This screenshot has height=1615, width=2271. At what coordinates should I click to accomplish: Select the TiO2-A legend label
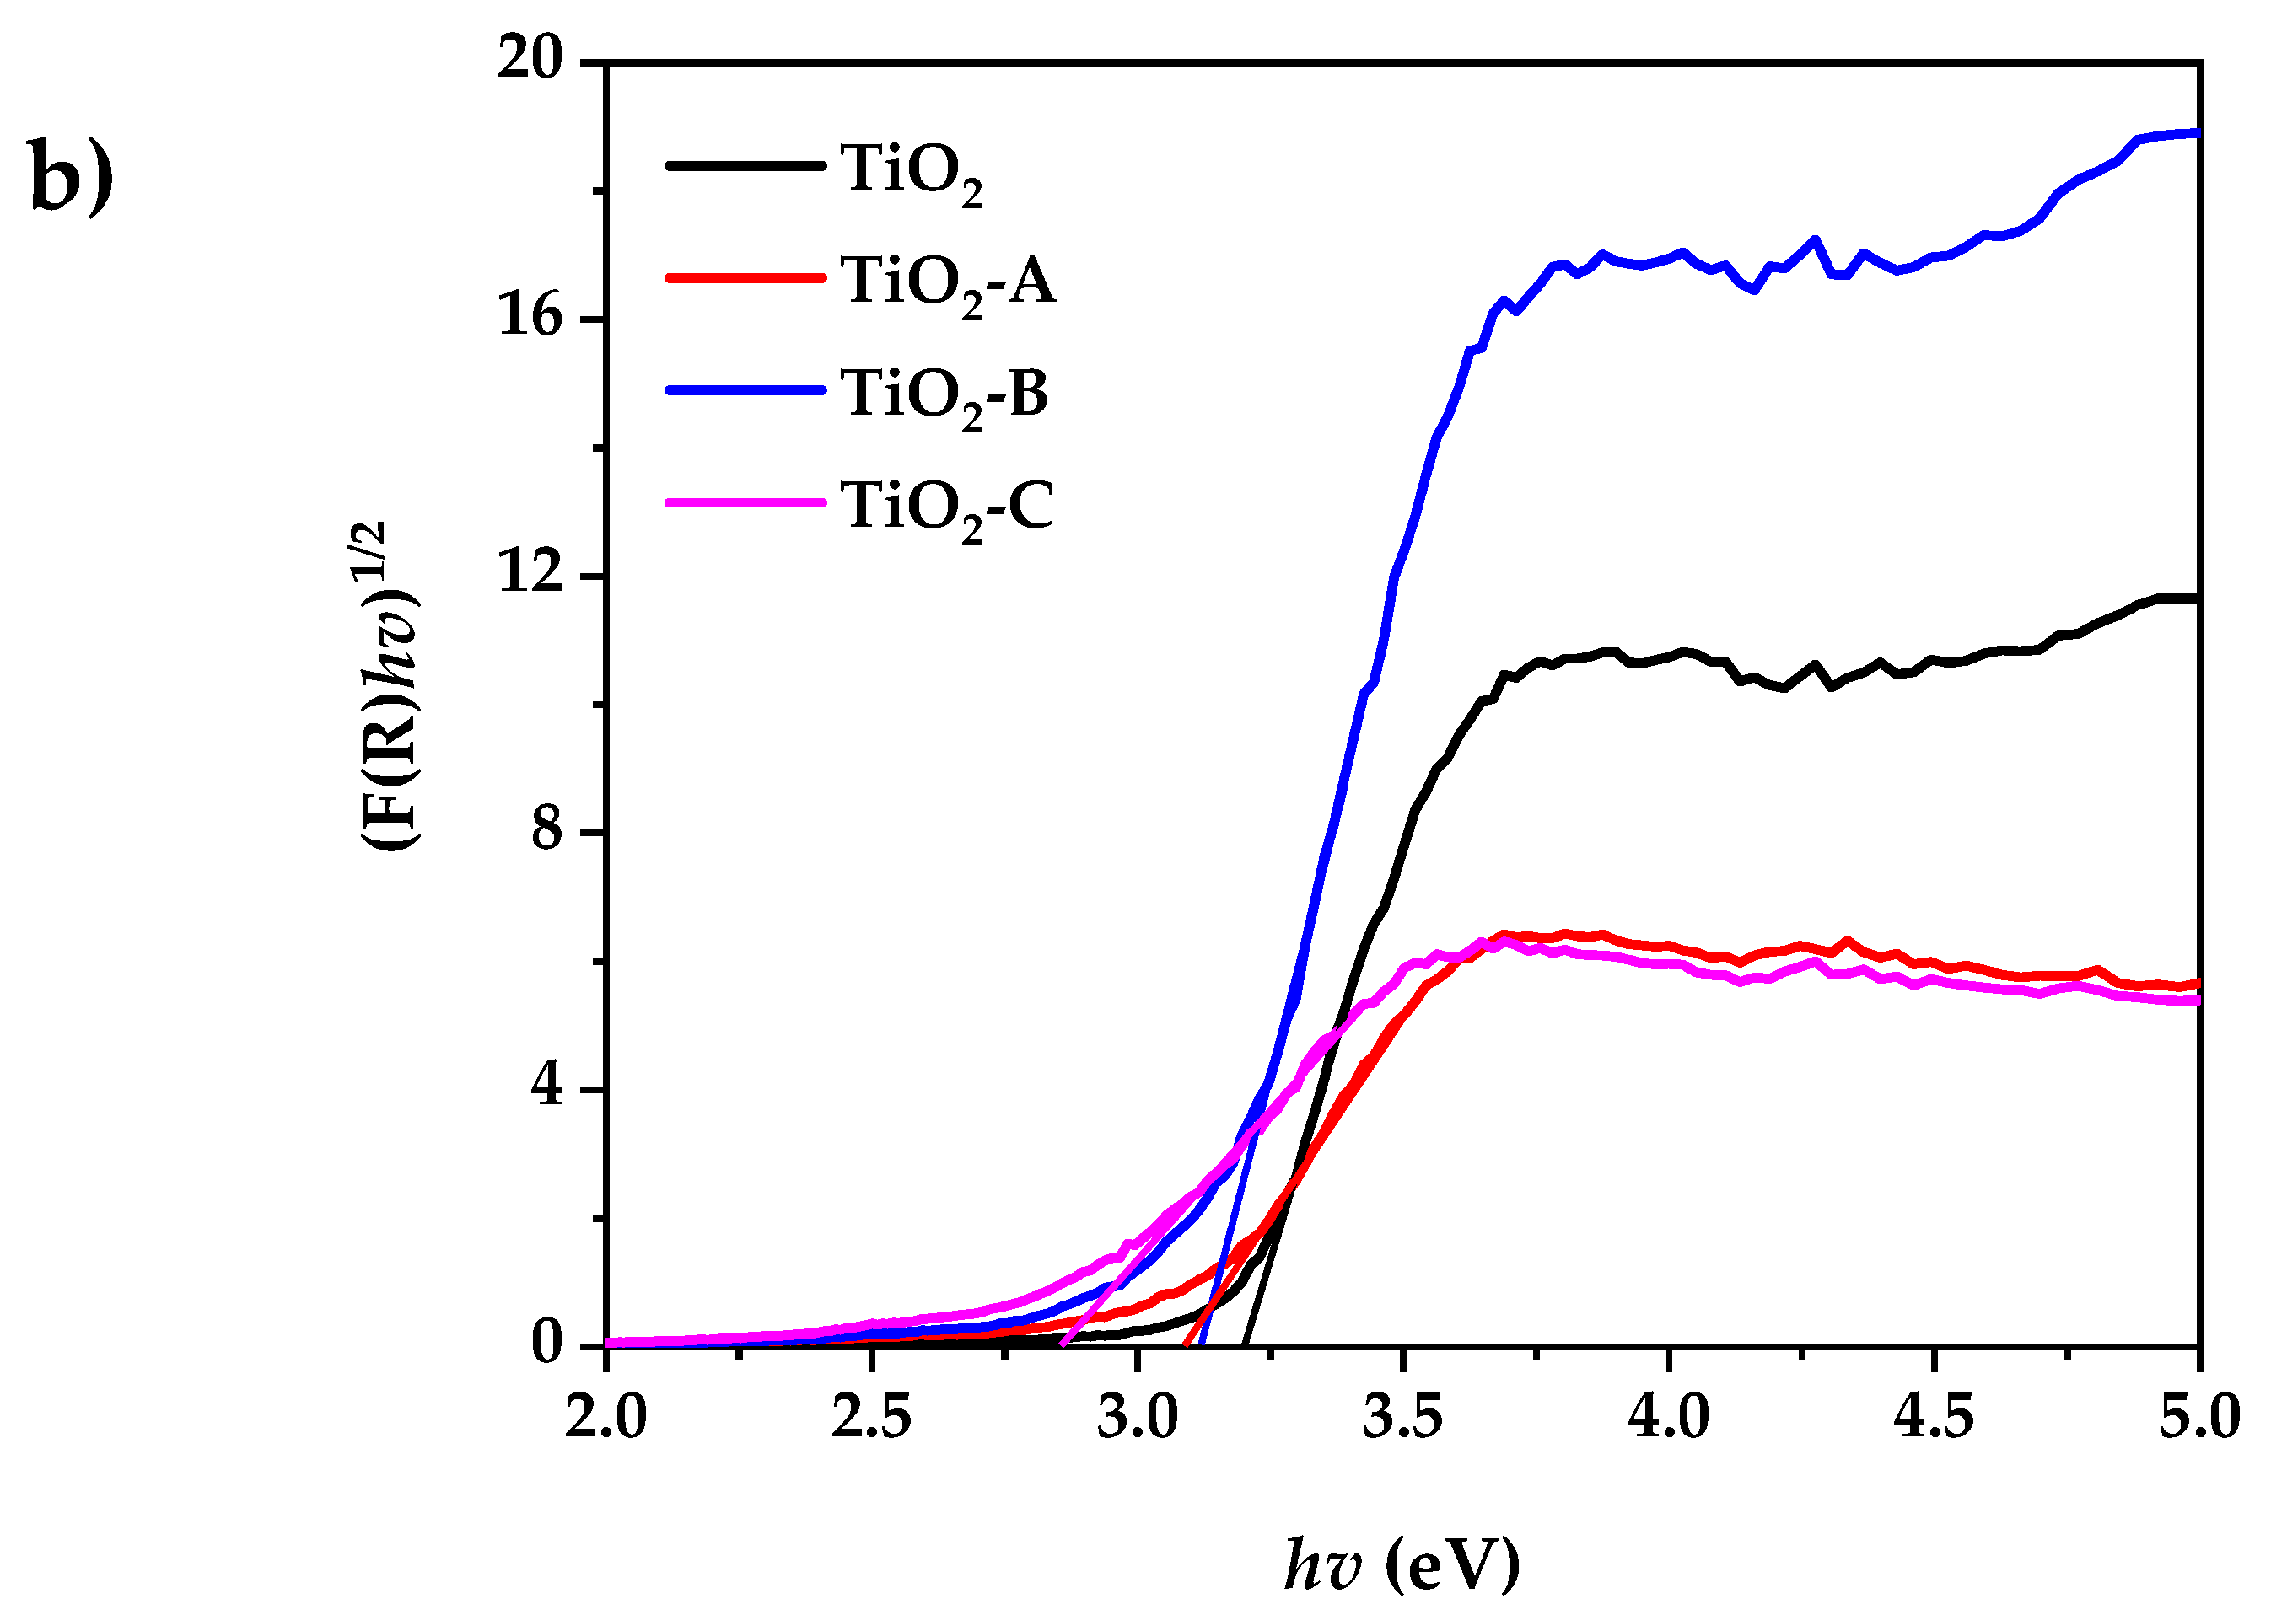948,282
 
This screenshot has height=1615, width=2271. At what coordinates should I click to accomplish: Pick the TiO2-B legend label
944,394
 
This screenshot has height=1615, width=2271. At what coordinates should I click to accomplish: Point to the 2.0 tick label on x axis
605,1416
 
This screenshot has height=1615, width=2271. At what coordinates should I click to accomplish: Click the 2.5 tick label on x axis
871,1416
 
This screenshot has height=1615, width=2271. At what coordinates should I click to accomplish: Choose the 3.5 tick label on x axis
1402,1416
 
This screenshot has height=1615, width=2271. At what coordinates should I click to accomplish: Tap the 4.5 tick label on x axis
1934,1416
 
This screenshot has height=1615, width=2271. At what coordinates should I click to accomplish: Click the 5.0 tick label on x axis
2198,1416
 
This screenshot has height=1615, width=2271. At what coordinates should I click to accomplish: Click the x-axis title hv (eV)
1402,1564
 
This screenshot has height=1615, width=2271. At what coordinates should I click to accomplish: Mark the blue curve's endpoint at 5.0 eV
2197,132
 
